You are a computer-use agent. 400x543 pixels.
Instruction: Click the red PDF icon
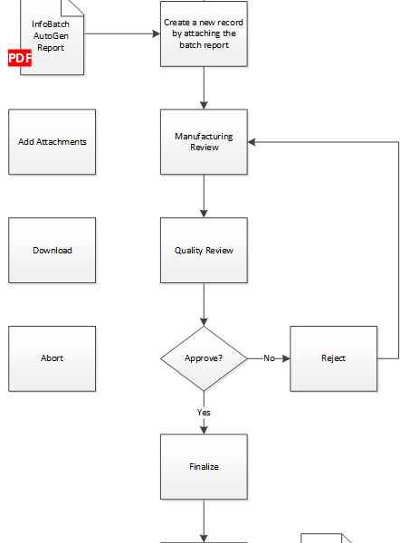tap(20, 58)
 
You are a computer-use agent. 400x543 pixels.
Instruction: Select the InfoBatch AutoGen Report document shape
tap(52, 37)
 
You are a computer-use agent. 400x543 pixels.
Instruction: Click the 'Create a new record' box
tap(204, 34)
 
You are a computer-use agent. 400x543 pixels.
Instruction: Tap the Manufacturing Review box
tap(204, 142)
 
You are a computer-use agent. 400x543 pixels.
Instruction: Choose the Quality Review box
tap(204, 251)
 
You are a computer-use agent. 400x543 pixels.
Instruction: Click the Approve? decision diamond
tap(204, 358)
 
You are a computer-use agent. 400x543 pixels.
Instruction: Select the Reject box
tap(334, 358)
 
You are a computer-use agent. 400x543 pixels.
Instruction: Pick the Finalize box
tap(204, 467)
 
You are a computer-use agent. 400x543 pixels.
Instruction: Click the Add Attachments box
tap(52, 142)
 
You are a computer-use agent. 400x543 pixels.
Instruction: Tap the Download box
tap(52, 251)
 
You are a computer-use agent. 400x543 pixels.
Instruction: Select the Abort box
tap(52, 358)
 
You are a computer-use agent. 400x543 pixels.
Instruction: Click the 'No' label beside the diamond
tap(269, 358)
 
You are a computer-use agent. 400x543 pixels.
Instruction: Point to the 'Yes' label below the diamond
tap(204, 412)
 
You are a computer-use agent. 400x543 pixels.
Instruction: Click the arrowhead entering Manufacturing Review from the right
tap(252, 142)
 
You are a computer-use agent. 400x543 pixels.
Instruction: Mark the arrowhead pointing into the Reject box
tap(286, 358)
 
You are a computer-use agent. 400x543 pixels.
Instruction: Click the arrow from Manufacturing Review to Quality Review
tap(204, 196)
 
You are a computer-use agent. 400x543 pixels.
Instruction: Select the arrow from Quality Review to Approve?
tap(204, 304)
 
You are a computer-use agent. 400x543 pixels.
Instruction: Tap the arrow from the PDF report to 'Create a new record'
tap(122, 34)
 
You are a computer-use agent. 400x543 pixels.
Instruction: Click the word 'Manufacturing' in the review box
tap(204, 137)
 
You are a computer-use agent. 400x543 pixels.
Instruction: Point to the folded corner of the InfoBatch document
tap(72, 7)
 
